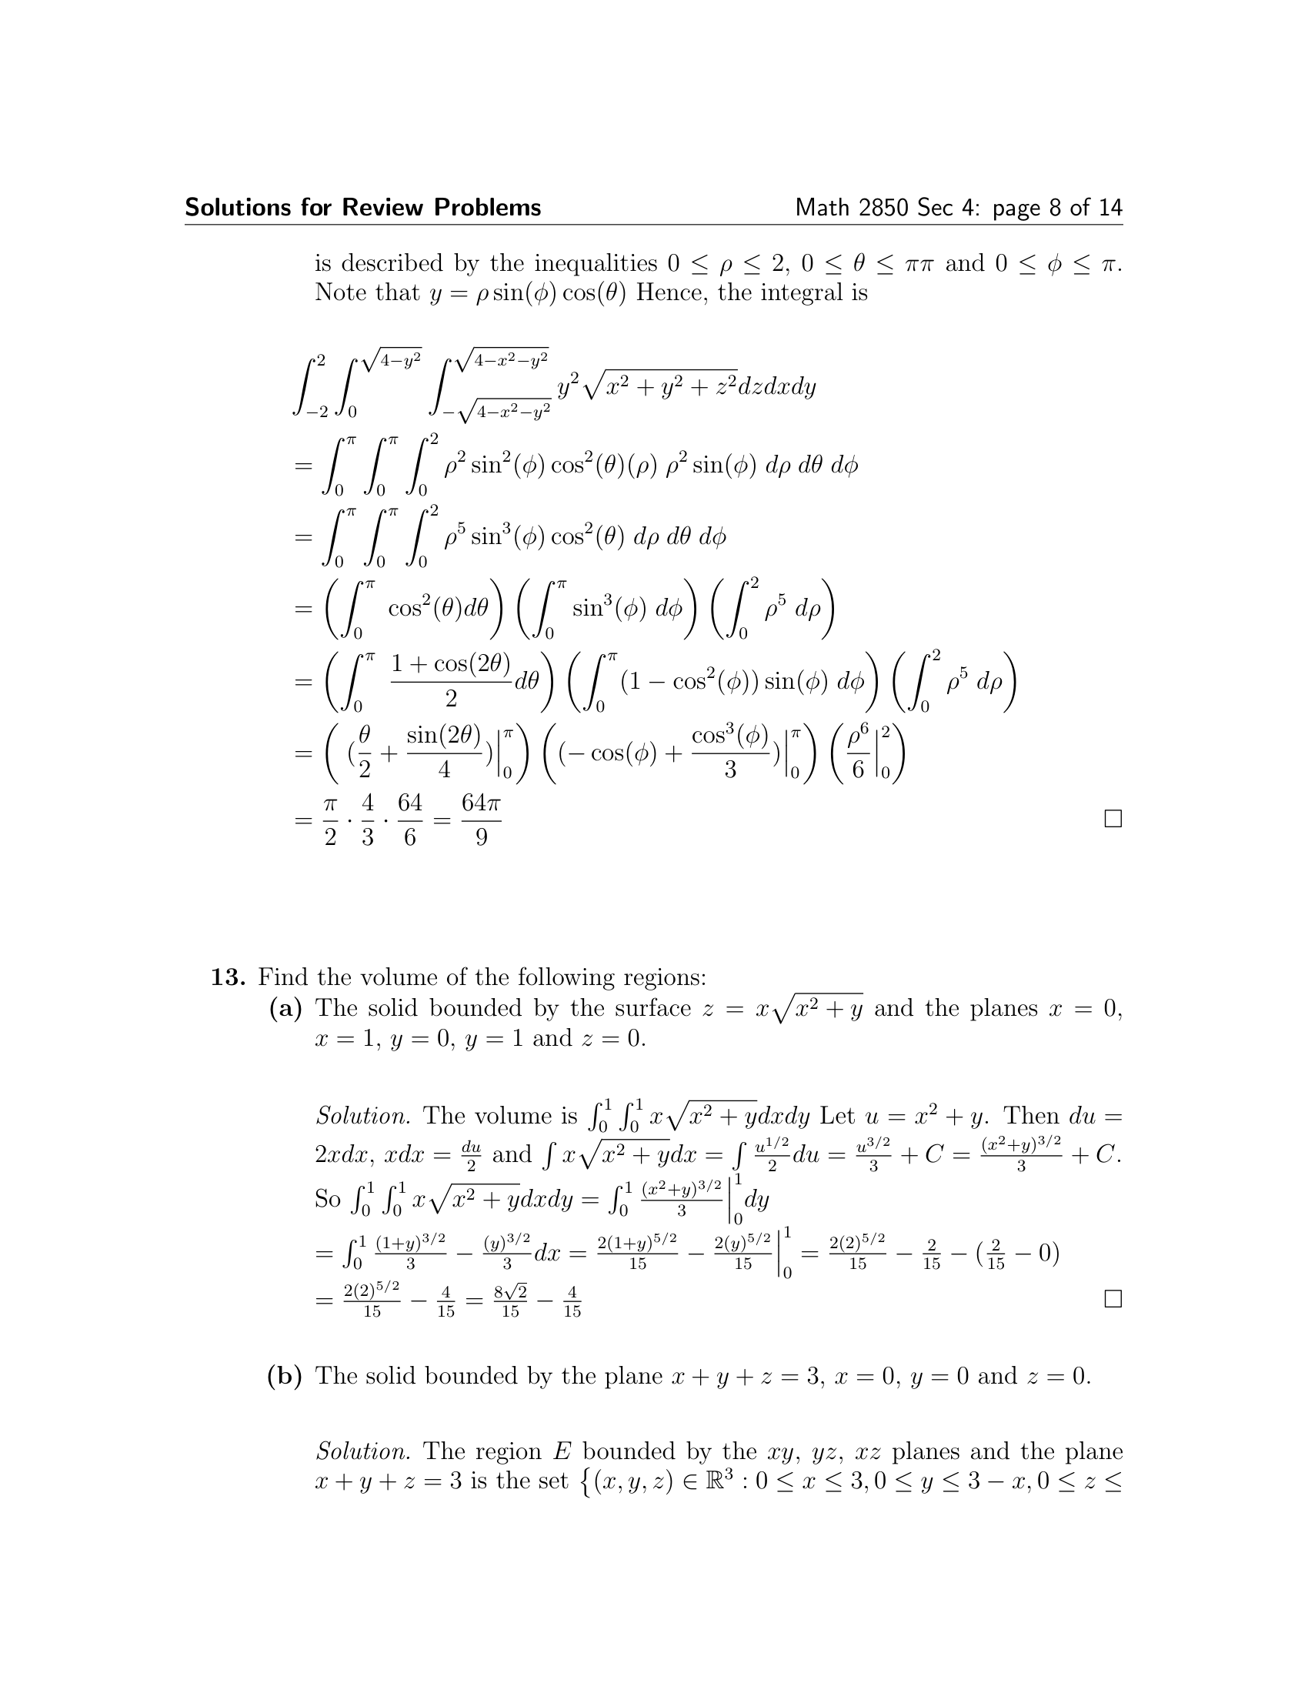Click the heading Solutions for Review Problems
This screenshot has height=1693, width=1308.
(362, 208)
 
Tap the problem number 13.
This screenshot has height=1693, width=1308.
(228, 977)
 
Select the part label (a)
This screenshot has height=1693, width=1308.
(285, 1008)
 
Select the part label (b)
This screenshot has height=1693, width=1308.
(285, 1376)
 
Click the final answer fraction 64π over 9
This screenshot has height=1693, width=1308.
(480, 820)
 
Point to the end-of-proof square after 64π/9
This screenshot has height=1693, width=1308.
(1113, 819)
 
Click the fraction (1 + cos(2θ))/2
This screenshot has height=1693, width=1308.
(451, 680)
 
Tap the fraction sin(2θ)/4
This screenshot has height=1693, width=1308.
(444, 753)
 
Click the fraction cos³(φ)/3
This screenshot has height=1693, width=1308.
(730, 753)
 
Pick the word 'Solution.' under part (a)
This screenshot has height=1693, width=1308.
(362, 1117)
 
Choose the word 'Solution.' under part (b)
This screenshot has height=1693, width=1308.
(362, 1451)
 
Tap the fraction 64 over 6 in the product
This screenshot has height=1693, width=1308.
(410, 820)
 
